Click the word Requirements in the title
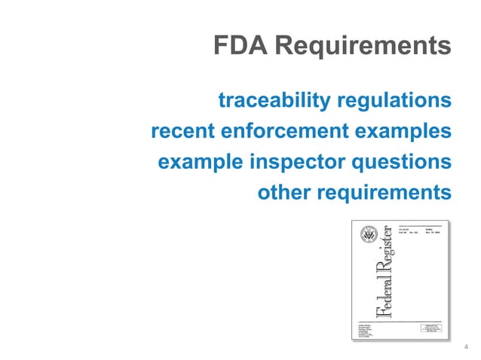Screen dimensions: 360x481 (363, 46)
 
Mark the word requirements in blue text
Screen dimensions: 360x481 (386, 194)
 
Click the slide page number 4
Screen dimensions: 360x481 (467, 346)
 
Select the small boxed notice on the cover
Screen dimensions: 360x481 (433, 328)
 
